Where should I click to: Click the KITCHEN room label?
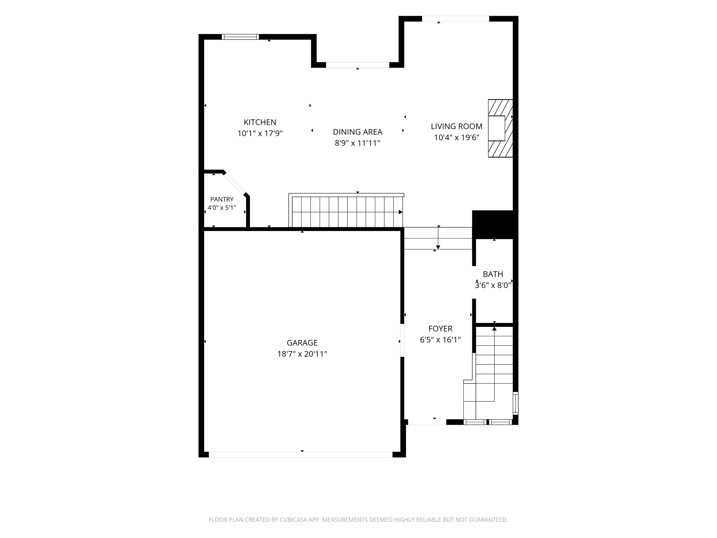(260, 122)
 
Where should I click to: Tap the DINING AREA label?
(358, 132)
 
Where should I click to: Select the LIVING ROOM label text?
(456, 126)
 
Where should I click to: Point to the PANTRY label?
(222, 199)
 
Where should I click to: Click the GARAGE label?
(302, 343)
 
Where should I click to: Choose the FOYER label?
(440, 329)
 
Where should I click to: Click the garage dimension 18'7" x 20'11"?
(302, 354)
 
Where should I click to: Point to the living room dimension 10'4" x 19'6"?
(456, 137)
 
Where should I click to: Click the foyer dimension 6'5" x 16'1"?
(440, 340)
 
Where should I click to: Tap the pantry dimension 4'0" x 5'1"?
(222, 208)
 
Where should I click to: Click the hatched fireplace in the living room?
(500, 128)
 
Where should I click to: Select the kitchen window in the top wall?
(240, 37)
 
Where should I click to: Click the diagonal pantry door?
(235, 184)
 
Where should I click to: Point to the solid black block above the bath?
(495, 225)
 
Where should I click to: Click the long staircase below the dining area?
(346, 210)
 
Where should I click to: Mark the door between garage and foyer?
(402, 340)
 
